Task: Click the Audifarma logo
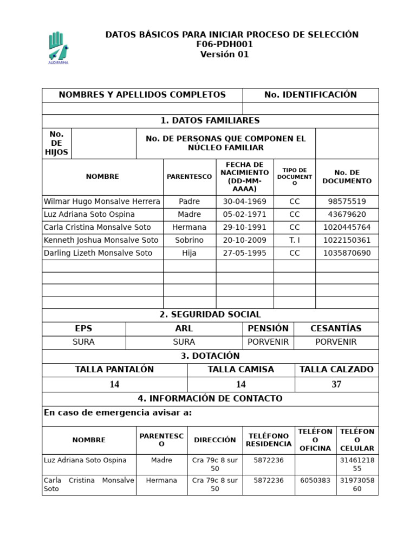pos(58,47)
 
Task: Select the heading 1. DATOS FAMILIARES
pos(210,121)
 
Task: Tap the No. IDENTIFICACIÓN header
pos(310,95)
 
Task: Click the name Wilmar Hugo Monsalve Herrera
pos(102,202)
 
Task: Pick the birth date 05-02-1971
pos(244,215)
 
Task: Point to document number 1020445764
pos(347,228)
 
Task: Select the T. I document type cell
pos(294,240)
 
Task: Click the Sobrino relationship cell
pos(189,240)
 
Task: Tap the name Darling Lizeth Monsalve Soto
pos(98,253)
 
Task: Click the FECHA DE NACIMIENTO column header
pos(244,177)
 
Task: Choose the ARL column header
pos(184,328)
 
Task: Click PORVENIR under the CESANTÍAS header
pos(336,342)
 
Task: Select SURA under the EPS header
pos(83,342)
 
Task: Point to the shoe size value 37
pos(336,384)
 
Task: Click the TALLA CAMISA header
pos(240,370)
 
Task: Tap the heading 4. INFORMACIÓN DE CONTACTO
pos(210,398)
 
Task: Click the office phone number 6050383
pos(315,480)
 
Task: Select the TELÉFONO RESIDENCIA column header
pos(269,440)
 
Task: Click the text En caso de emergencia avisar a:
pos(118,413)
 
